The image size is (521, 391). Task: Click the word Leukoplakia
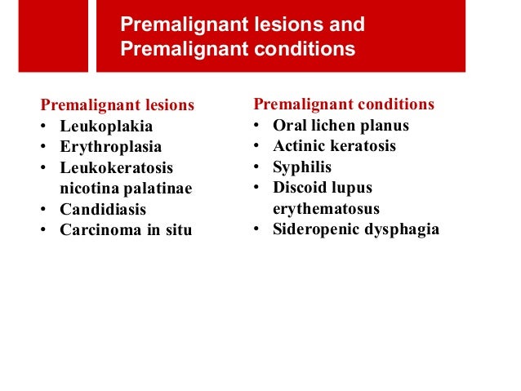[x=106, y=127]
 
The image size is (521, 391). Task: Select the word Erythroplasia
[x=111, y=147]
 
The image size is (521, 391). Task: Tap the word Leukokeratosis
[x=117, y=168]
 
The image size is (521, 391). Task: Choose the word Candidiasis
[x=103, y=209]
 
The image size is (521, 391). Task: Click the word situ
[x=177, y=229]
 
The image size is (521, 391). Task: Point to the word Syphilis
[x=302, y=167]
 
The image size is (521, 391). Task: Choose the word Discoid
[x=301, y=187]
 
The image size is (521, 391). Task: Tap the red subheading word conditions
[x=394, y=104]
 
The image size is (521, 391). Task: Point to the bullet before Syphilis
[x=256, y=167]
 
